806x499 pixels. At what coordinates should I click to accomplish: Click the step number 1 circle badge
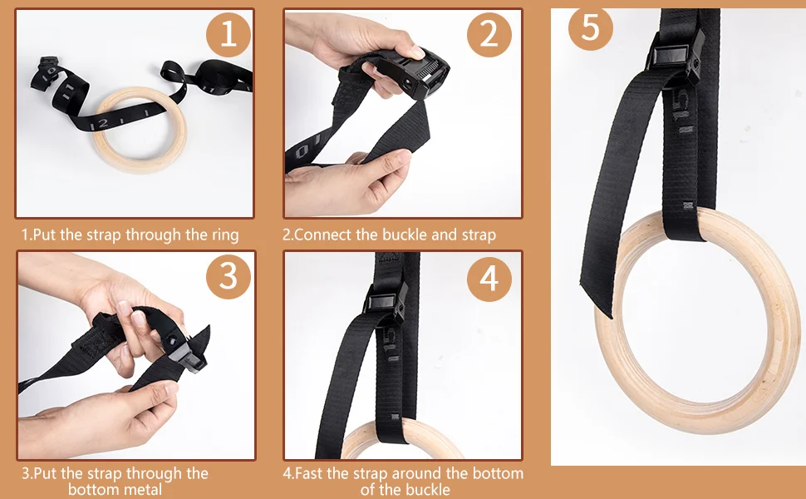pos(228,35)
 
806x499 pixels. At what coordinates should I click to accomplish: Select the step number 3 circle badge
pos(228,278)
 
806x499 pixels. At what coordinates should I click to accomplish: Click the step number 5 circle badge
pos(590,27)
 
